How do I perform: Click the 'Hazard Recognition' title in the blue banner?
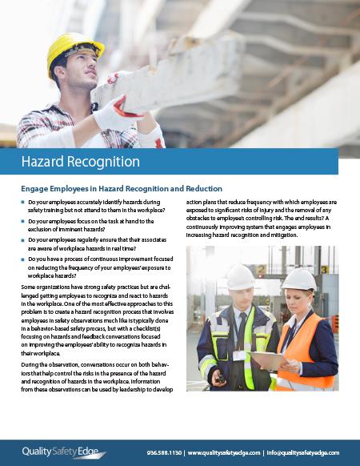[79, 162]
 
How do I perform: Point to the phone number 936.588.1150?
[164, 452]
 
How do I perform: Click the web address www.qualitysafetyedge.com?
[225, 452]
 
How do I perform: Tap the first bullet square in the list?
[23, 203]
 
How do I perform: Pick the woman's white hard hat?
[298, 279]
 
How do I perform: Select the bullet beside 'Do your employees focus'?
[23, 222]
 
